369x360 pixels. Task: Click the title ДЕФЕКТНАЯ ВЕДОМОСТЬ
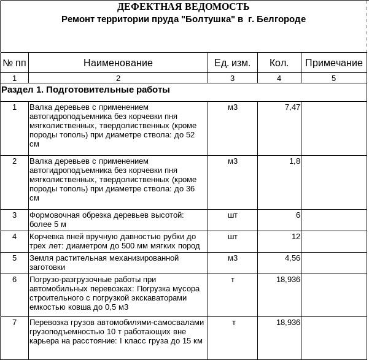coord(183,7)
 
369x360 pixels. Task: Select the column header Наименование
coord(118,63)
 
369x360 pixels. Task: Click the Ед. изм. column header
coord(232,63)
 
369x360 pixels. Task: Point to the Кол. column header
coord(279,63)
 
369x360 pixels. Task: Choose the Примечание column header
coord(333,63)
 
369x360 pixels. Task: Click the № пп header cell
coord(15,63)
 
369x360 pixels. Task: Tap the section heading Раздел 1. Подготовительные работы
coord(86,90)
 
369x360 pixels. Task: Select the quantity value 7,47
coord(292,107)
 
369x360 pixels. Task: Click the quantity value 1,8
coord(294,161)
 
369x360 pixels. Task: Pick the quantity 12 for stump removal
coord(295,237)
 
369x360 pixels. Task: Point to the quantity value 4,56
coord(292,258)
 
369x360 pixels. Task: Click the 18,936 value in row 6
coord(288,280)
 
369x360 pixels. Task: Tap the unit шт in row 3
coord(232,215)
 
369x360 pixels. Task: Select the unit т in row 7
coord(233,323)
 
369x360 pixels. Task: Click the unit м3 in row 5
coord(232,258)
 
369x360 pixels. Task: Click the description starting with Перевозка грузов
coord(116,331)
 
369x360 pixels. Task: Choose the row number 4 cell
coord(15,237)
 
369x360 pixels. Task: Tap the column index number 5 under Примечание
coord(333,78)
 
